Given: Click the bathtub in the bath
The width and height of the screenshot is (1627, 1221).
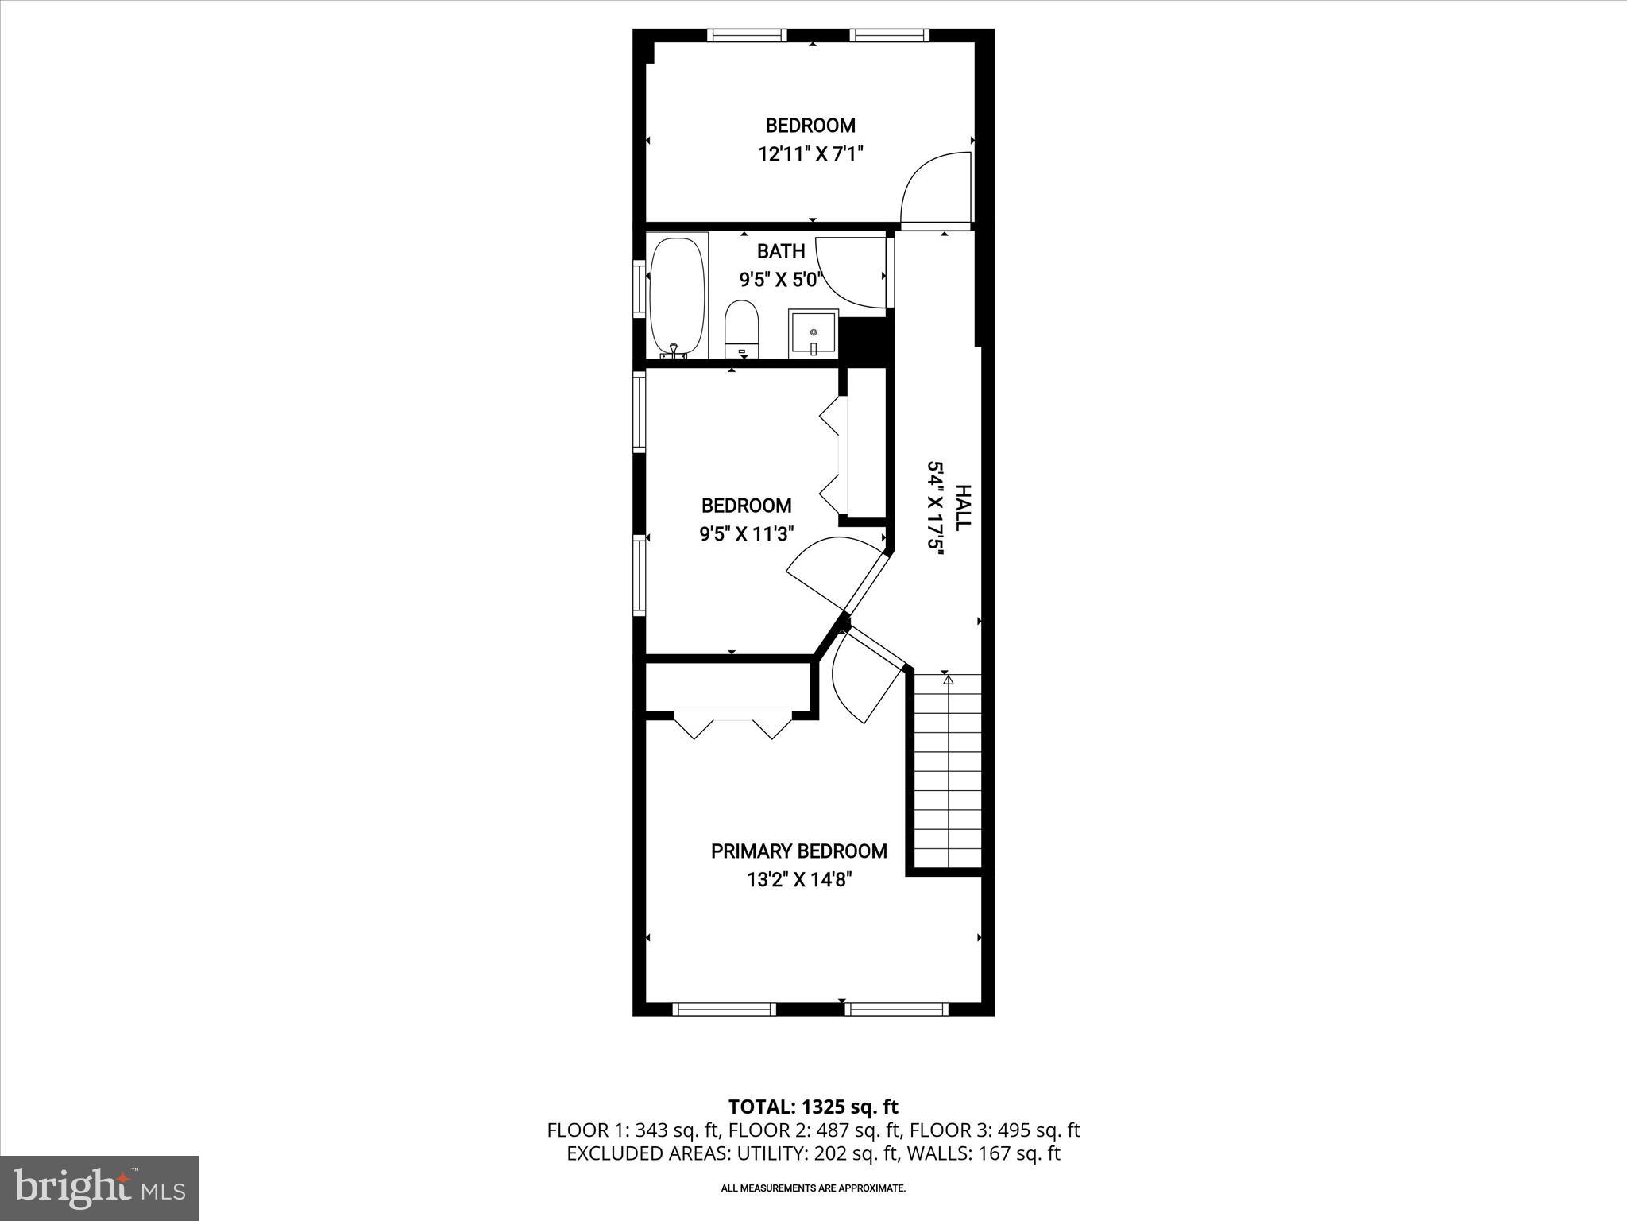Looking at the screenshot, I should [677, 298].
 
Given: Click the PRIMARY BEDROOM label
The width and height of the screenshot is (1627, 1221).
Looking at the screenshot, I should [798, 851].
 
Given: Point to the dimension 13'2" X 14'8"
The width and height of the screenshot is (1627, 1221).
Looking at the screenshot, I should [798, 880].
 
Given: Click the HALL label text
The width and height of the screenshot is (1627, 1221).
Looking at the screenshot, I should [962, 508].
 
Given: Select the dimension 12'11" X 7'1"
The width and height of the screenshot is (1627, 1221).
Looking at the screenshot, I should [810, 153].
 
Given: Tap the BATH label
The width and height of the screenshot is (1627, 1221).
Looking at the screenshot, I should [781, 251].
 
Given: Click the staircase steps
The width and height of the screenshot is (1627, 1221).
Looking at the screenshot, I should [948, 771].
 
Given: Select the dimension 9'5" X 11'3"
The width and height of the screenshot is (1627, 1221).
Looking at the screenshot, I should [747, 534].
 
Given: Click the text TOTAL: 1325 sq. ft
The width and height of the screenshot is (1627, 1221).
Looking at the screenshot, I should [813, 1107].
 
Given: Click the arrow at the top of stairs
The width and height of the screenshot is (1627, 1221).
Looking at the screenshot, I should [947, 680].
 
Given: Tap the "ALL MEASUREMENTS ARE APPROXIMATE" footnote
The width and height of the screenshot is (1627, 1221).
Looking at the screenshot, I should [813, 1188].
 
